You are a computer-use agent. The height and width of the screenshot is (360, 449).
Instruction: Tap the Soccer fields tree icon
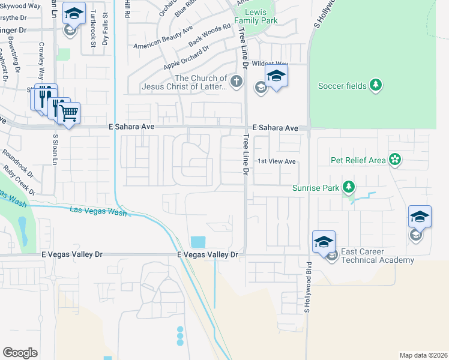(x=376, y=86)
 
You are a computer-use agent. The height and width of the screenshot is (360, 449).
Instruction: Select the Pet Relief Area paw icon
(x=395, y=160)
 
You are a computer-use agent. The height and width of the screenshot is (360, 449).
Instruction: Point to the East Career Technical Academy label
(x=377, y=256)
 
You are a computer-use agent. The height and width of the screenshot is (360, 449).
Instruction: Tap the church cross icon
(x=237, y=82)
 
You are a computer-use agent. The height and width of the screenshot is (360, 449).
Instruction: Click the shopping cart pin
(x=68, y=112)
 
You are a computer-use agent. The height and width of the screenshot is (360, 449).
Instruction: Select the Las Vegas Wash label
(x=98, y=211)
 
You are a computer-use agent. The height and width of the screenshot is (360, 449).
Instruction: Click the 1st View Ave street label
(x=277, y=161)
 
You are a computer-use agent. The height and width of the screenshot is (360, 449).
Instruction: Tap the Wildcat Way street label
(x=270, y=64)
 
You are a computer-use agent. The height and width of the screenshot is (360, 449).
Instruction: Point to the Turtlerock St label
(x=93, y=31)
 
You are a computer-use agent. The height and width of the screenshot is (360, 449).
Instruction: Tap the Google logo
(x=20, y=352)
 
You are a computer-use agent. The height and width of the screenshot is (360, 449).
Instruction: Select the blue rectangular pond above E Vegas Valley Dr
(x=197, y=242)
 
